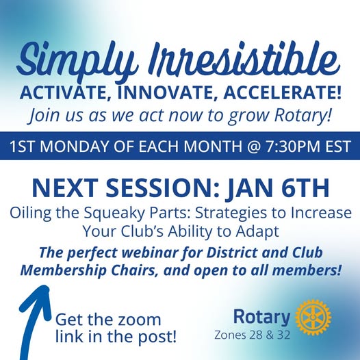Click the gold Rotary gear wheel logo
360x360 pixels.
313,317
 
